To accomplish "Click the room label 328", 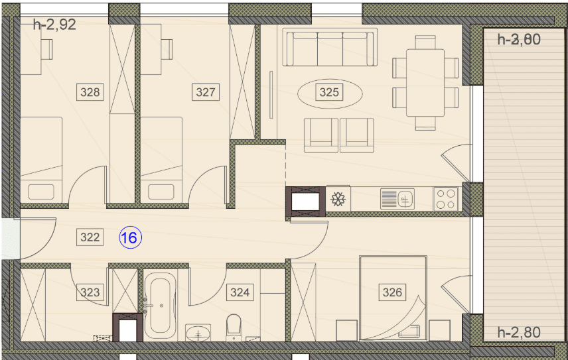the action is [90, 92].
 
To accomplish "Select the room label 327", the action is [206, 92].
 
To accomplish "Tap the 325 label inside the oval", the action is [329, 92].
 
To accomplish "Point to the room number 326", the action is [392, 292].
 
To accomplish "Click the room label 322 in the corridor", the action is [90, 237].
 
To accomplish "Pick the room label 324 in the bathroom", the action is [240, 292].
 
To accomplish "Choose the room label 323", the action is [90, 292].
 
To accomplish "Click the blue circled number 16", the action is [131, 238].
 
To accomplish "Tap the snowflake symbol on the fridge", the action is [338, 199].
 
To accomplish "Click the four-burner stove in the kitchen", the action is [445, 199].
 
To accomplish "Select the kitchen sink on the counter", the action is [397, 199].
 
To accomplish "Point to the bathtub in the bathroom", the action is [160, 306].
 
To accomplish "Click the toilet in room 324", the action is [234, 328].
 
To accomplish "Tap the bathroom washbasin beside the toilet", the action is [198, 333].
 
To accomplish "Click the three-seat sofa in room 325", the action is [330, 47].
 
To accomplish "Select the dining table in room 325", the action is [425, 82].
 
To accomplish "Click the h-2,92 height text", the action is [54, 25].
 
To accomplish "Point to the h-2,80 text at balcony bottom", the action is [519, 332].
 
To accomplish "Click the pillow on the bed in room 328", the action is [41, 192].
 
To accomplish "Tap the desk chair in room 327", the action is [168, 49].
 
